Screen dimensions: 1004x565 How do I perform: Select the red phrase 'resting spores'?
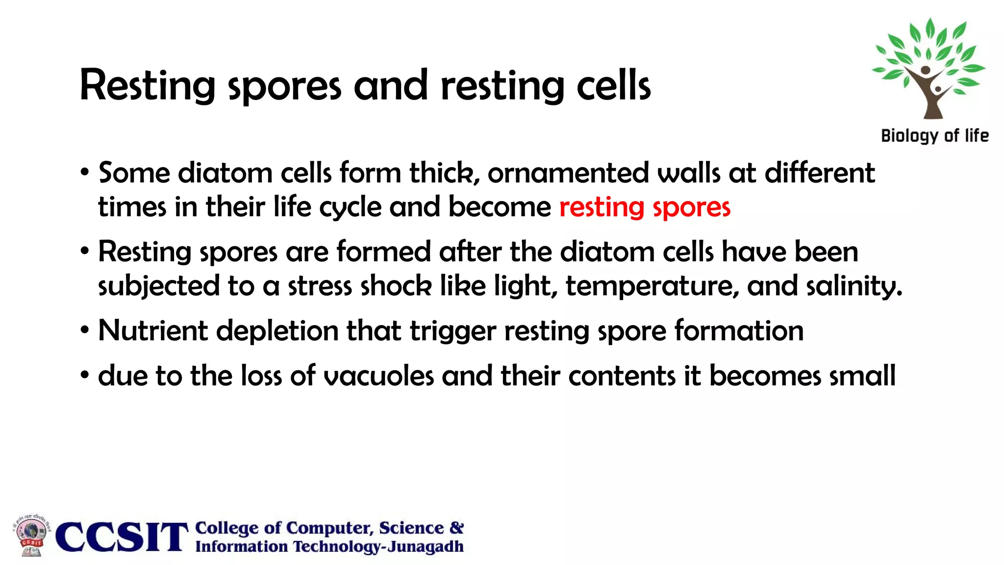(x=645, y=207)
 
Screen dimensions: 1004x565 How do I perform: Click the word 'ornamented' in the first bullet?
(x=568, y=173)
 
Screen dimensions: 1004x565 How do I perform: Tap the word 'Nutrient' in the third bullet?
(x=153, y=331)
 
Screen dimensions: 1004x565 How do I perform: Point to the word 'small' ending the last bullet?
(x=862, y=376)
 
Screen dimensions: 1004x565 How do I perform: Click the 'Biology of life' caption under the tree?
(x=935, y=136)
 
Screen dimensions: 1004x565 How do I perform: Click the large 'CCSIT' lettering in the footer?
(x=122, y=537)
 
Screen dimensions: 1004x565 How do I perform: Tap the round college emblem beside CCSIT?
(x=31, y=536)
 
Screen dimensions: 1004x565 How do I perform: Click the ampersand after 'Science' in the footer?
(x=456, y=528)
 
